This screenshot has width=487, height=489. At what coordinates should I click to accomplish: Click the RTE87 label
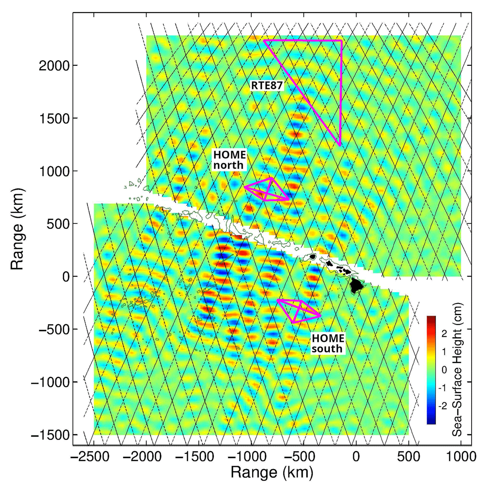(x=267, y=86)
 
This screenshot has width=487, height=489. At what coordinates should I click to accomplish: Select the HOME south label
(x=328, y=344)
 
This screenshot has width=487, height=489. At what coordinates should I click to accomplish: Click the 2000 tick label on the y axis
(x=54, y=66)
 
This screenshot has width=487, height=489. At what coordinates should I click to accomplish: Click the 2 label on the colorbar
(x=444, y=334)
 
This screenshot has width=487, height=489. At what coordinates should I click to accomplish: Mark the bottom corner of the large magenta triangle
(x=340, y=146)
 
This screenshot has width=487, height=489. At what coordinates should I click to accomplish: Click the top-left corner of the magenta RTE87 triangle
(x=264, y=40)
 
